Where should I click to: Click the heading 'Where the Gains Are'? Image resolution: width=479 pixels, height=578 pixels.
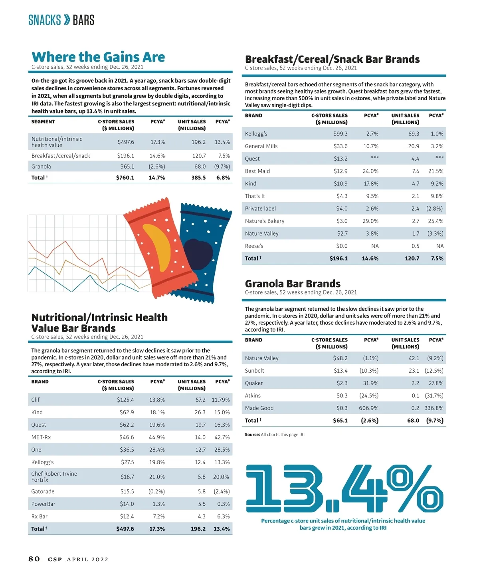[x=98, y=57]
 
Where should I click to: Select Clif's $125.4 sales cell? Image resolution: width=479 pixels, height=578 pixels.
[x=125, y=400]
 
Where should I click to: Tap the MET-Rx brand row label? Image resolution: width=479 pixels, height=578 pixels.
[x=41, y=437]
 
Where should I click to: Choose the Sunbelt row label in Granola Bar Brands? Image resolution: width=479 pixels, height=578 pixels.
[x=255, y=371]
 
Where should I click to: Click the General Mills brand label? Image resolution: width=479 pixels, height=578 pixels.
[x=261, y=146]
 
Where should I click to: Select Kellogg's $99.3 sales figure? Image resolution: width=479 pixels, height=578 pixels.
[x=340, y=134]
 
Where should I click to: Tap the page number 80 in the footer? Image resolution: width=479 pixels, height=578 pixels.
[x=34, y=559]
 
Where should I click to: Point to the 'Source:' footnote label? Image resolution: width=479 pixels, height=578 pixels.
[x=252, y=435]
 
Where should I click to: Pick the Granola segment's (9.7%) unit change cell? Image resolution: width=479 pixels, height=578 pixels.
[x=222, y=167]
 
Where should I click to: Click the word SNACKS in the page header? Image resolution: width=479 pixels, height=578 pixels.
[x=44, y=20]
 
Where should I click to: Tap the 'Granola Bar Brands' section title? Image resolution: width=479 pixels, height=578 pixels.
[x=293, y=284]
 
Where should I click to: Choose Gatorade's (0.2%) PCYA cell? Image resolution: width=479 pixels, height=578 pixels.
[x=156, y=492]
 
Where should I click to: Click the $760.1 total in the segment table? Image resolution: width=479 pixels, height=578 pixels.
[x=125, y=178]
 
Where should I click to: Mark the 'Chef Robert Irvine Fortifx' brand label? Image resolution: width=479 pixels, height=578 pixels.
[x=54, y=477]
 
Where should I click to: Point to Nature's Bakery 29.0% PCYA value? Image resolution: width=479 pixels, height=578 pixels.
[x=370, y=221]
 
